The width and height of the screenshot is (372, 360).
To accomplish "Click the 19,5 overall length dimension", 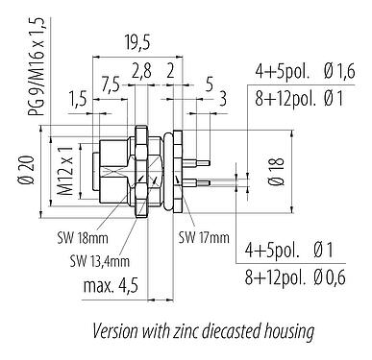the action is [x=137, y=42].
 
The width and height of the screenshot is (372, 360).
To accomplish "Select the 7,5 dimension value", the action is [x=111, y=84].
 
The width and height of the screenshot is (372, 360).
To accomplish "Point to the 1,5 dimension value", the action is [x=78, y=99].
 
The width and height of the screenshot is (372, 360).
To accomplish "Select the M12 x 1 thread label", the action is [x=65, y=170].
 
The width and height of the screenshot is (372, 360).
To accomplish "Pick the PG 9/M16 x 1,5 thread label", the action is [x=36, y=68].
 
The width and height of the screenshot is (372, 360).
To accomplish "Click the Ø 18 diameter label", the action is [x=276, y=171].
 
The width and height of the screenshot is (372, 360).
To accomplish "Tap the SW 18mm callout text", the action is [x=83, y=238].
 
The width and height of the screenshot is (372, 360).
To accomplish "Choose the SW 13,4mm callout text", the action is [x=100, y=261].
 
